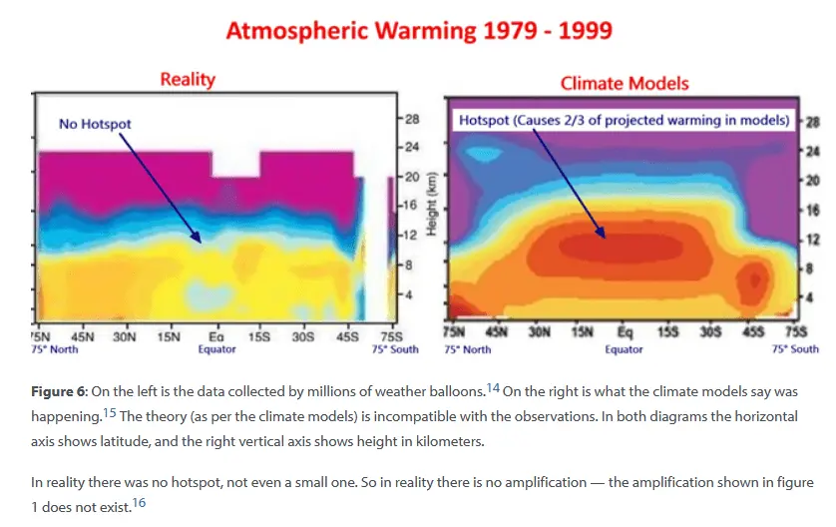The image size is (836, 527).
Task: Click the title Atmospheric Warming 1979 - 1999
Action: (419, 31)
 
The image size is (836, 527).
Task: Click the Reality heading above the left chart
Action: (188, 79)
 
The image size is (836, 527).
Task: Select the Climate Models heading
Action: (625, 83)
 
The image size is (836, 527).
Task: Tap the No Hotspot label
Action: (95, 124)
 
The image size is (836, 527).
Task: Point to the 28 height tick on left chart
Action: (412, 119)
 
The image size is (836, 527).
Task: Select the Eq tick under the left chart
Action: (214, 337)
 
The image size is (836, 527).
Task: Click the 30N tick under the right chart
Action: (540, 332)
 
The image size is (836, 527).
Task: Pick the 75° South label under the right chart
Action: (796, 349)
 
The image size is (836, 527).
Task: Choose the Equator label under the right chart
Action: (624, 349)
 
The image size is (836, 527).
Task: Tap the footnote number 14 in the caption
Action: (493, 387)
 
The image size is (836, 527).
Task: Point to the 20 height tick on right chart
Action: (811, 180)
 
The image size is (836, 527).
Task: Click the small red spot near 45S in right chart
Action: (752, 276)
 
